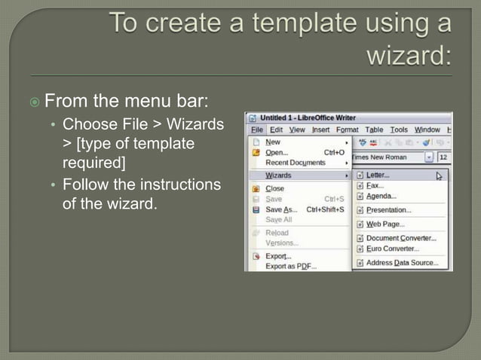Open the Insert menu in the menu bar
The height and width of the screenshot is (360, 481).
click(x=320, y=130)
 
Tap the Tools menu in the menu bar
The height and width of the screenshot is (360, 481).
click(x=399, y=130)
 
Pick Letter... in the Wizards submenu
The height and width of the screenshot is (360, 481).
click(x=378, y=175)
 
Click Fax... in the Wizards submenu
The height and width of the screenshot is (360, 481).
click(x=375, y=185)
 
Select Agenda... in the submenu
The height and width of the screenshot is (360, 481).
click(x=381, y=196)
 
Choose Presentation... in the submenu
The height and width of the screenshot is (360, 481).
click(x=388, y=210)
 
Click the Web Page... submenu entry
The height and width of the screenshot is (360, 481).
click(x=385, y=224)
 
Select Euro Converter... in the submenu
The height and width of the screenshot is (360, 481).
click(x=392, y=249)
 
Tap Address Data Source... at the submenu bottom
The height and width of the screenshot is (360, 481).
click(x=401, y=263)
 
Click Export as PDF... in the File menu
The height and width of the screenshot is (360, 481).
click(x=291, y=266)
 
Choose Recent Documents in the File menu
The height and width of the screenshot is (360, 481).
click(x=296, y=162)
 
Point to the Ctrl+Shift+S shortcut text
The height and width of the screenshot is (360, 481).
click(x=325, y=209)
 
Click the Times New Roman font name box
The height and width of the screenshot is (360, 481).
click(x=386, y=157)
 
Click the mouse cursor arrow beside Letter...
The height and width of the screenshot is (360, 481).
click(x=439, y=176)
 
